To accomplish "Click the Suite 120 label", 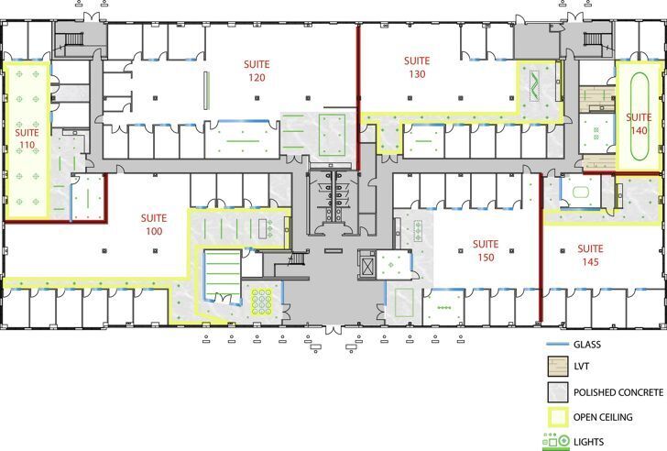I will pyautogui.click(x=256, y=71).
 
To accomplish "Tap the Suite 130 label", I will pyautogui.click(x=418, y=67).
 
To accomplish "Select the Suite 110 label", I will pyautogui.click(x=27, y=138).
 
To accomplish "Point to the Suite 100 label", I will pyautogui.click(x=153, y=225).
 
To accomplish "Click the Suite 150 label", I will pyautogui.click(x=485, y=250).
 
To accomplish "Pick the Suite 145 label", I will pyautogui.click(x=590, y=255).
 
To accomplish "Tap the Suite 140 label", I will pyautogui.click(x=639, y=124).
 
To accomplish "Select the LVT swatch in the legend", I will pyautogui.click(x=555, y=368).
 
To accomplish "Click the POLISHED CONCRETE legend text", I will pyautogui.click(x=618, y=392).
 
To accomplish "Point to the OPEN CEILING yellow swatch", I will pyautogui.click(x=555, y=418).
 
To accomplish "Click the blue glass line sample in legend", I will pyautogui.click(x=554, y=345).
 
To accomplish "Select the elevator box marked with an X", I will pyautogui.click(x=367, y=267).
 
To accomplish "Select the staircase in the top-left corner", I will pyautogui.click(x=70, y=41).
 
